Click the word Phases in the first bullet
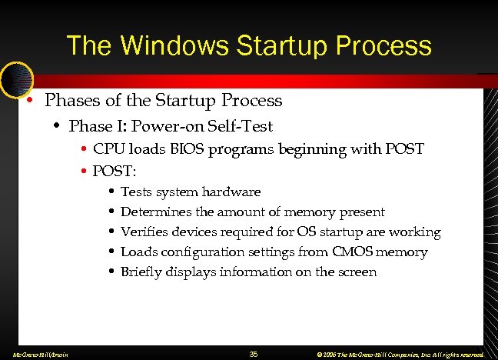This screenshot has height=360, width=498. [x=73, y=100]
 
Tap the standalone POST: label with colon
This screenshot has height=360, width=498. [x=114, y=168]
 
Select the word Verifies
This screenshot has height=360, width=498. [x=143, y=232]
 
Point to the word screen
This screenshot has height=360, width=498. [x=355, y=272]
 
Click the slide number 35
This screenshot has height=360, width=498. [x=254, y=354]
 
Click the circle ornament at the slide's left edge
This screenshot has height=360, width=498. [x=15, y=79]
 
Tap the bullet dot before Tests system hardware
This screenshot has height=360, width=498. [x=112, y=192]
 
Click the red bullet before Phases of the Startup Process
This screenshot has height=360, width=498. [x=28, y=100]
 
